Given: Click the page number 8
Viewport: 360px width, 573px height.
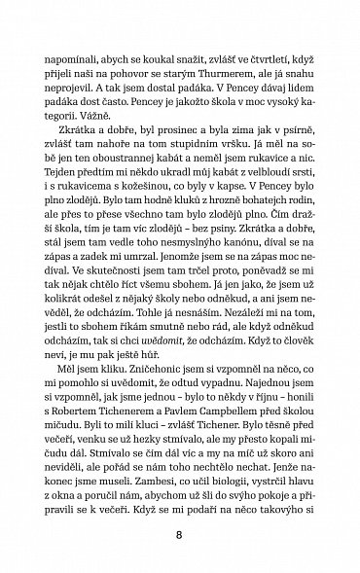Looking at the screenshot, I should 181,532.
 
